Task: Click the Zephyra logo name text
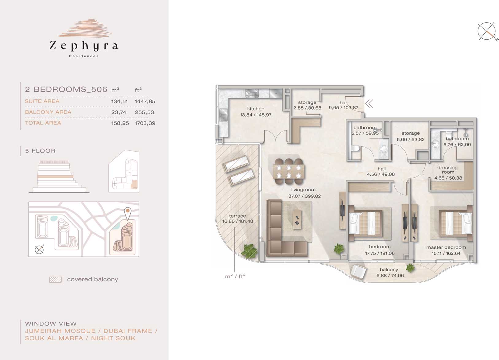pyautogui.click(x=84, y=46)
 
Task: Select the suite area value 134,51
pyautogui.click(x=119, y=102)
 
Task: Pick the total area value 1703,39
pyautogui.click(x=145, y=123)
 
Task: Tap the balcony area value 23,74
pyautogui.click(x=119, y=112)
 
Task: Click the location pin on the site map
pyautogui.click(x=128, y=213)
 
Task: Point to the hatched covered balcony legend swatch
pyautogui.click(x=56, y=280)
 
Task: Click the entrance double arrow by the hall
pyautogui.click(x=369, y=104)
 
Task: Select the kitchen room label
pyautogui.click(x=256, y=109)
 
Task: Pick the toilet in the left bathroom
pyautogui.click(x=355, y=148)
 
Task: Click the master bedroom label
pyautogui.click(x=446, y=247)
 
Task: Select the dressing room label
pyautogui.click(x=447, y=170)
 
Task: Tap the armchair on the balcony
pyautogui.click(x=358, y=272)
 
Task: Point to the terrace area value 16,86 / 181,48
pyautogui.click(x=238, y=222)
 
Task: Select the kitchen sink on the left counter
pyautogui.click(x=223, y=115)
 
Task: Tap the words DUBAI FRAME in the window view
pyautogui.click(x=128, y=331)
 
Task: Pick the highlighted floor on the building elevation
pyautogui.click(x=55, y=176)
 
